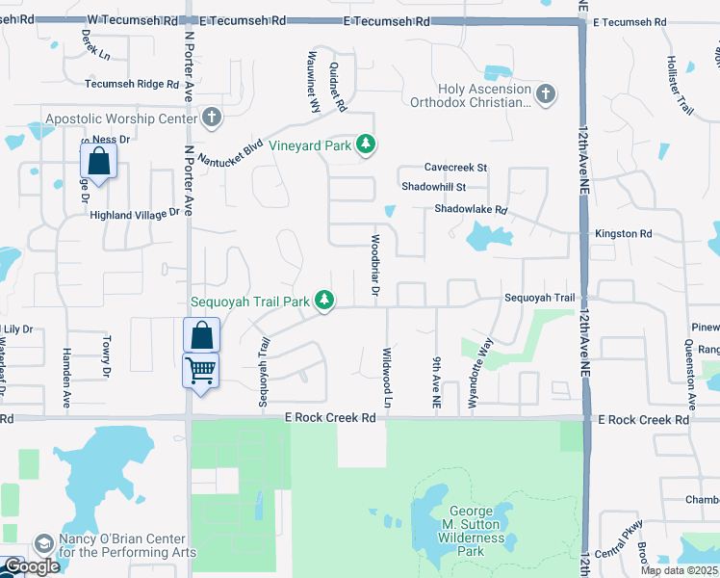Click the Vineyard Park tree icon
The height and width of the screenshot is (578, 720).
click(x=365, y=145)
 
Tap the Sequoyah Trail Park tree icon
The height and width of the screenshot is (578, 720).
click(x=325, y=302)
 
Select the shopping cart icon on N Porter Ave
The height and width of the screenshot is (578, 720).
click(x=201, y=370)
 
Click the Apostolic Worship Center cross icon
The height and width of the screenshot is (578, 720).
click(x=212, y=118)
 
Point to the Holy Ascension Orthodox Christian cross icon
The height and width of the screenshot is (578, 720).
click(x=546, y=93)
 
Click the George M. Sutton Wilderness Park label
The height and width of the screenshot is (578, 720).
click(x=471, y=532)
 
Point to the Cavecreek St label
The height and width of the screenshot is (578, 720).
click(x=456, y=168)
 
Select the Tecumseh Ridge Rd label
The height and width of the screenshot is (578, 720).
click(x=132, y=84)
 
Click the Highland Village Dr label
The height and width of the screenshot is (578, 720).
click(x=135, y=215)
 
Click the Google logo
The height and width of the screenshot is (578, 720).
click(x=32, y=566)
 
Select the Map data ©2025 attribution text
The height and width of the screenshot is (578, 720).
click(x=680, y=570)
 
